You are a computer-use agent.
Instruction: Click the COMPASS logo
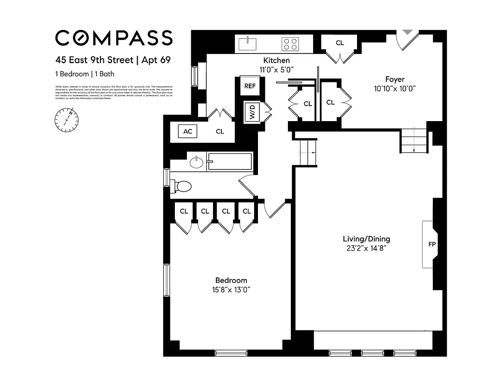coord(114,38)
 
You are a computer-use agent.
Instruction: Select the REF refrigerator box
coord(249,86)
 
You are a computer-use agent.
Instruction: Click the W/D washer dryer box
coord(252,113)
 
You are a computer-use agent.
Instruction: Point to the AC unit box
coord(187,131)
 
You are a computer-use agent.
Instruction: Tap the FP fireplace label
coord(431,244)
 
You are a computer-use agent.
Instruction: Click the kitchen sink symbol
coord(250,43)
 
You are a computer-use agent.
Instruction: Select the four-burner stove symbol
coord(290,44)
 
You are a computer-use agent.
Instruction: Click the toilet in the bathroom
coord(182,186)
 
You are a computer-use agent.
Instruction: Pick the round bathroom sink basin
coord(196,162)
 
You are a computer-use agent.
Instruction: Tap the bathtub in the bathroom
coord(229,162)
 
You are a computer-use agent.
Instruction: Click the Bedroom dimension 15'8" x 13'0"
coord(231,290)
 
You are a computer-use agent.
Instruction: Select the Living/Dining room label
coord(366,239)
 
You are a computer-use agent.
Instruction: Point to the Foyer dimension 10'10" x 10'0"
coord(395,88)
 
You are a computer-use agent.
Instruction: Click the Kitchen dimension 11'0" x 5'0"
coord(276,69)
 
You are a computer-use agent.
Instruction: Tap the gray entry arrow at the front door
coord(408,32)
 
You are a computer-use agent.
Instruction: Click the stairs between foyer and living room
coord(414,140)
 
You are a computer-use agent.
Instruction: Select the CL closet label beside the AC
coord(220,131)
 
